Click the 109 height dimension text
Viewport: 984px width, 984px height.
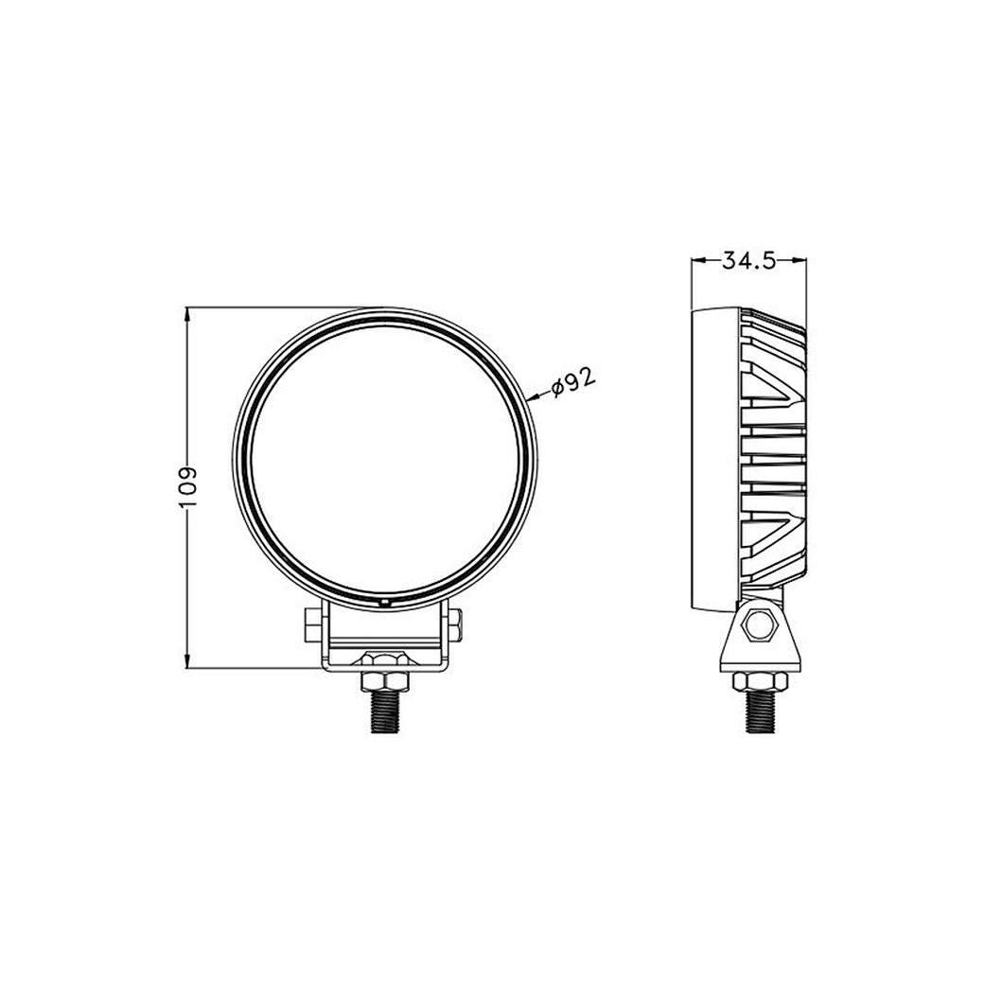(x=188, y=487)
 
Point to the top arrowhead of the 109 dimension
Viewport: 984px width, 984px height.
(x=188, y=312)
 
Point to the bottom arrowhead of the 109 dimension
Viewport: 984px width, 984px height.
(x=188, y=663)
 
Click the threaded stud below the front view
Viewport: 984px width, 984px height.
(x=383, y=711)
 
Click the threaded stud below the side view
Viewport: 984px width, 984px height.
(x=759, y=711)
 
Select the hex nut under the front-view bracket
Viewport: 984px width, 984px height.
(x=383, y=680)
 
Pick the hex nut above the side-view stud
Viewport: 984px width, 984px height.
(x=759, y=680)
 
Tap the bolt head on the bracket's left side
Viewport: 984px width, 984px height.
(x=311, y=624)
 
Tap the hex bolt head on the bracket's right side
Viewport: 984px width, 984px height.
(x=456, y=625)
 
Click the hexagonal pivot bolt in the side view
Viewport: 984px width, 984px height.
(x=760, y=624)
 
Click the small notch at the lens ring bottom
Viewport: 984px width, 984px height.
(x=384, y=601)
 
